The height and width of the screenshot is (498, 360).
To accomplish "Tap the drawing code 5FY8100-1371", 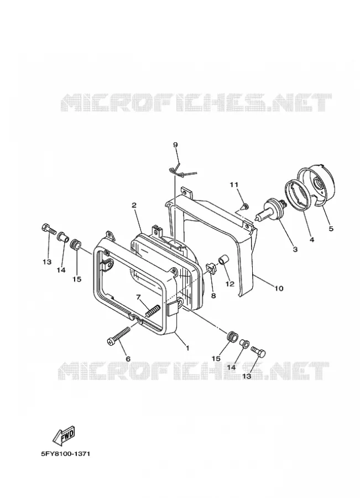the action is tap(65, 454).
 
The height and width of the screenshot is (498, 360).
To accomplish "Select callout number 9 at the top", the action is tap(175, 145).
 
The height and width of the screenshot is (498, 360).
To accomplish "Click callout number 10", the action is tap(278, 288).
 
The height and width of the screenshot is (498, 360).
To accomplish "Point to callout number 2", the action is tap(134, 205).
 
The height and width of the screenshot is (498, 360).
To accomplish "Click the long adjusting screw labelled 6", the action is tap(119, 335).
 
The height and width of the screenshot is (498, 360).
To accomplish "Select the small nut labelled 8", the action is tap(211, 269).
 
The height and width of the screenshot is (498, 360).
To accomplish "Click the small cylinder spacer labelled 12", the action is tap(223, 259).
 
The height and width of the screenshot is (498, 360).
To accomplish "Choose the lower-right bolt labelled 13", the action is tap(258, 351).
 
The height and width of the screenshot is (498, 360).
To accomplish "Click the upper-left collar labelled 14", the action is tap(62, 237).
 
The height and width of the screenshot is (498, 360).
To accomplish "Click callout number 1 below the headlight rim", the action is tap(187, 348).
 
